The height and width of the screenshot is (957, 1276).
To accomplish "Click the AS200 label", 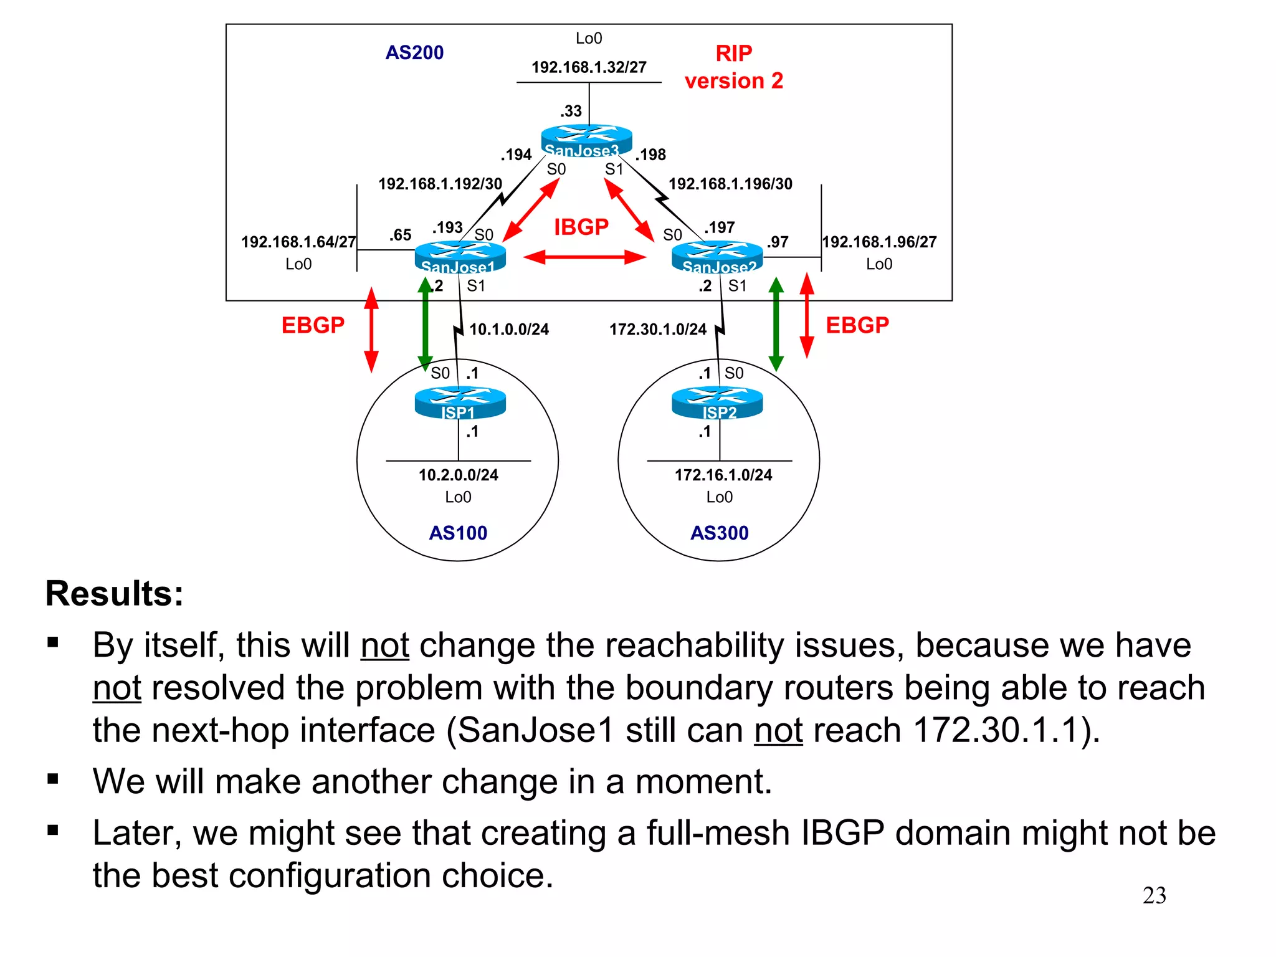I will (414, 53).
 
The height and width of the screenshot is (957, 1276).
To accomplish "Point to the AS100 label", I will (458, 533).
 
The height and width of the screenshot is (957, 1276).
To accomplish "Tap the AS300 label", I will (720, 533).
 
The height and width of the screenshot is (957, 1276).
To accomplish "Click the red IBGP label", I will (581, 227).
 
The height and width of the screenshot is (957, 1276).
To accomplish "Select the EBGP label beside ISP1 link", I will (313, 325).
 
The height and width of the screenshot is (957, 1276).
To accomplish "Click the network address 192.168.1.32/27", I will (589, 67).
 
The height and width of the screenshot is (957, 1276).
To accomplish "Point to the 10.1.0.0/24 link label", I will (509, 330).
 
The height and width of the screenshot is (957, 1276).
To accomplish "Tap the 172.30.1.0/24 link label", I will (658, 330).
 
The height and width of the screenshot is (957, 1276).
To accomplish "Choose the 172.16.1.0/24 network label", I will (723, 475).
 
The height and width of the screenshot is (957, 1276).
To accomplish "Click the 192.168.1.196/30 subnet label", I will (730, 184).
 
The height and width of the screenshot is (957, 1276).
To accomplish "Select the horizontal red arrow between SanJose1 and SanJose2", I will (584, 257).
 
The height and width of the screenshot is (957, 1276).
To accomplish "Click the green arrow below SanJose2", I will (776, 324).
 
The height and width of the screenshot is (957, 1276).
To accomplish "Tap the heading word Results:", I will (115, 593).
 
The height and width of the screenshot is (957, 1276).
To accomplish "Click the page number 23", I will (1154, 896).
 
